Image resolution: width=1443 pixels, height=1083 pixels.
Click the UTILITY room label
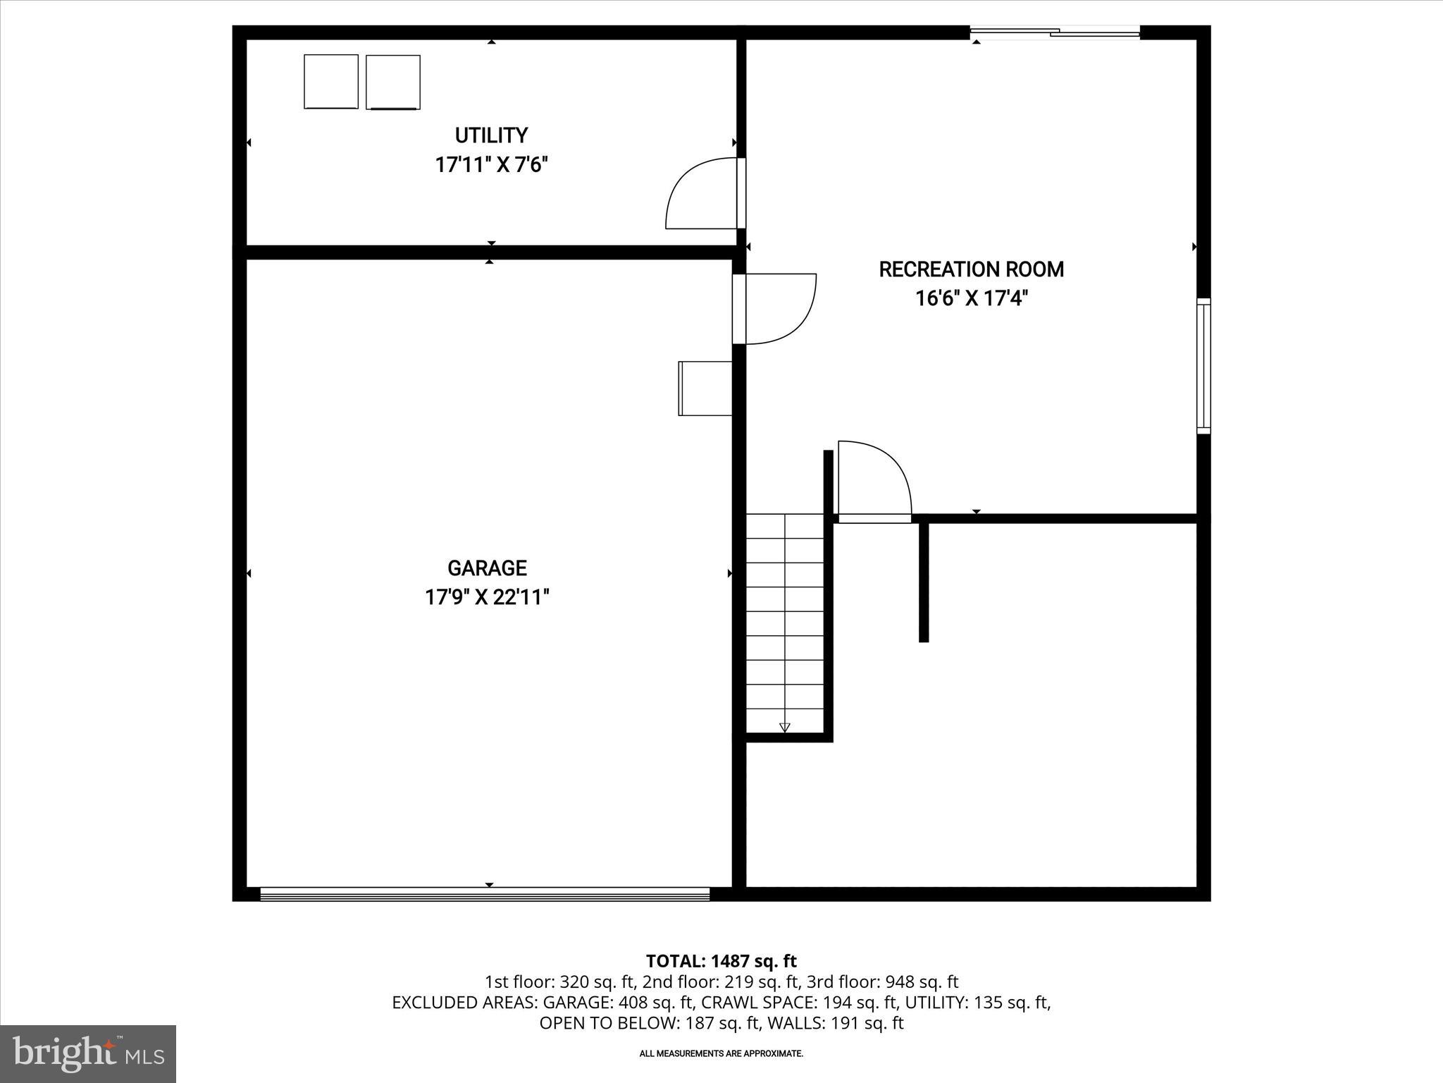click(x=491, y=135)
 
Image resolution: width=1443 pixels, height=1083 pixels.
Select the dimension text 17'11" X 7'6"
click(x=491, y=166)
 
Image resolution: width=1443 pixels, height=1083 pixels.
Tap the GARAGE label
click(x=487, y=568)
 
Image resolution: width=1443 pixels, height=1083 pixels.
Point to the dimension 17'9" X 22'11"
click(x=487, y=598)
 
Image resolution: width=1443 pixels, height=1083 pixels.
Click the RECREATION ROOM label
click(x=971, y=269)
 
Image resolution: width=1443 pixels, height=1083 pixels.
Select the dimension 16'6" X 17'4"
click(x=971, y=299)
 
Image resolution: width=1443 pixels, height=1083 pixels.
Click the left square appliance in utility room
click(x=331, y=82)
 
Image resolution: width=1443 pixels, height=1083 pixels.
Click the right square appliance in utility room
click(x=393, y=82)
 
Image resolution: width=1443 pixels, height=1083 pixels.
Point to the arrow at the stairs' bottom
click(x=785, y=728)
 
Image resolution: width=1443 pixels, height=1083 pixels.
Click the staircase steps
click(x=785, y=620)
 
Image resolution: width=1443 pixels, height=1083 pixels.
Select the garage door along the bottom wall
click(x=485, y=894)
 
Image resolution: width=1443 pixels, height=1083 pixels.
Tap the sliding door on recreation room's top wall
click(x=1055, y=32)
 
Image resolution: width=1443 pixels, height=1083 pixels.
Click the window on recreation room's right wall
click(x=1203, y=365)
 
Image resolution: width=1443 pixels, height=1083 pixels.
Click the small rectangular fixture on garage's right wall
click(x=705, y=388)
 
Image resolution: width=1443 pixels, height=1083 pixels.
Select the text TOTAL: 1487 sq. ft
click(x=721, y=961)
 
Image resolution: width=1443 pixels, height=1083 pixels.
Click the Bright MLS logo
click(x=87, y=1053)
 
